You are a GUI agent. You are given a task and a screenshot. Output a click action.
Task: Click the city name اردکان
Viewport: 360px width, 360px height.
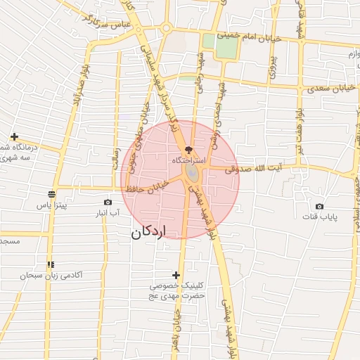coord(147,232)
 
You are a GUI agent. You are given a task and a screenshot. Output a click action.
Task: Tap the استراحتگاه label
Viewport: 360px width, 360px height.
coord(188,161)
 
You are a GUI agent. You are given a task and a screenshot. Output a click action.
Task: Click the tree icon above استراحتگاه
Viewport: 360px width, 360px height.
coord(188,150)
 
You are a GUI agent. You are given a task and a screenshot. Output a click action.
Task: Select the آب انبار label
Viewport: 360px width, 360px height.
coord(108,212)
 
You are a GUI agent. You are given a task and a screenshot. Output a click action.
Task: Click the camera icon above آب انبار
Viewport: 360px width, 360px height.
coord(108,202)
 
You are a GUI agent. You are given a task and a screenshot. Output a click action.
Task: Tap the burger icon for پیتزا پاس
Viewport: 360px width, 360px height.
coord(51,195)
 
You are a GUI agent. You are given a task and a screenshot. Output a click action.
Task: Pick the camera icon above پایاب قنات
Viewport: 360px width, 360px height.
coord(320,206)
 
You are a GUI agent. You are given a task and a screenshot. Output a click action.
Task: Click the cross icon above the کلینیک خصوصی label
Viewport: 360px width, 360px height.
coord(176,274)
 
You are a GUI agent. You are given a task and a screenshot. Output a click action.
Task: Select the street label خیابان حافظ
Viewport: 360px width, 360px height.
coord(146,187)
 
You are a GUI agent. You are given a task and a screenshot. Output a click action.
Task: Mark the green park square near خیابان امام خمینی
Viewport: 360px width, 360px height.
coord(226,49)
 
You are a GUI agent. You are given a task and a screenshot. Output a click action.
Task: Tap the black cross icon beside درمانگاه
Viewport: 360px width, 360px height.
coord(14,136)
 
